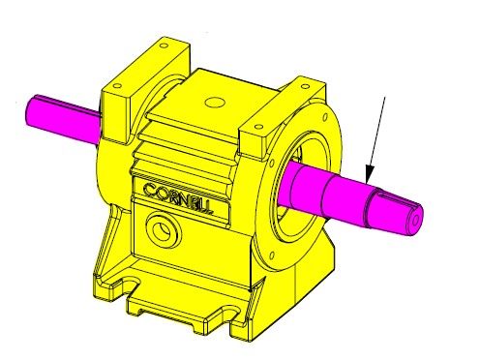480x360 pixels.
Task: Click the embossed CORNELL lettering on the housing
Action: tap(177, 198)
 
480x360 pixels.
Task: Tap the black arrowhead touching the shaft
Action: tap(370, 173)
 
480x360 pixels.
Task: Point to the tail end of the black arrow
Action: tap(385, 96)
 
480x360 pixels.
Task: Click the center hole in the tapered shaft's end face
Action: tap(416, 221)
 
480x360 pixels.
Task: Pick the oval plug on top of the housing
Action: tap(215, 103)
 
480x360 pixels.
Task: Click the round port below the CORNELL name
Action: tap(163, 229)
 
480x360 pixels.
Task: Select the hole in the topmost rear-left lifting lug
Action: tap(165, 45)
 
